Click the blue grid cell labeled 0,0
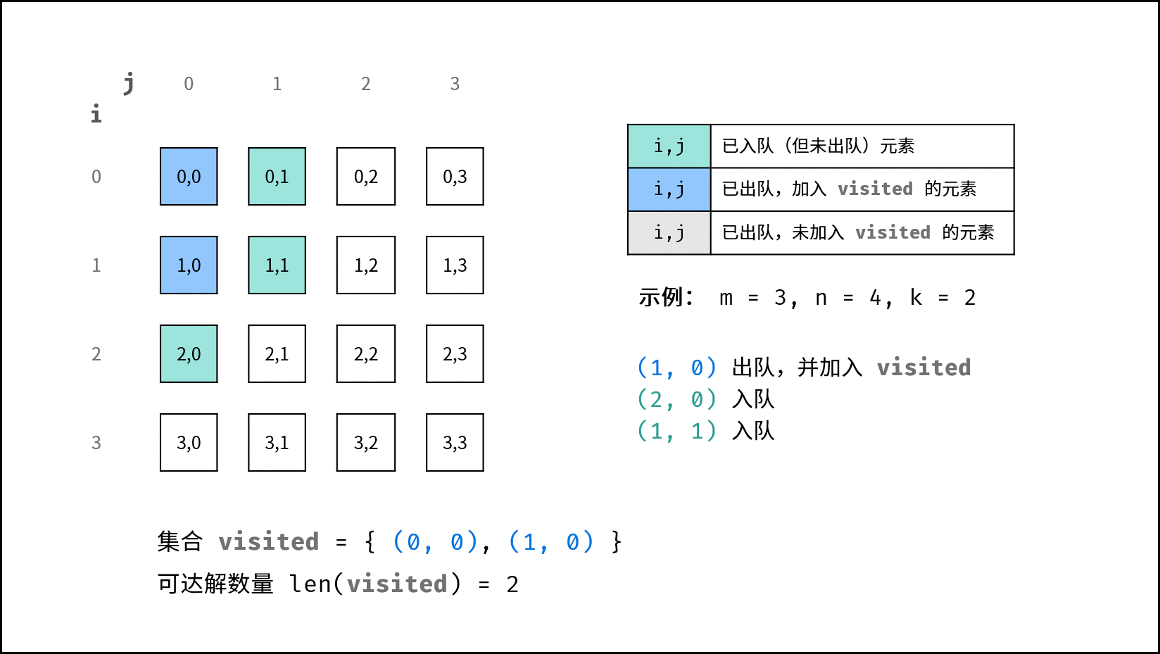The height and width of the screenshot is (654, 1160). tap(189, 177)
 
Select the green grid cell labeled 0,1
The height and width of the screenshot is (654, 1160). tap(277, 177)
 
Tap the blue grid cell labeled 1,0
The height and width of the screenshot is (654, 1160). tap(189, 265)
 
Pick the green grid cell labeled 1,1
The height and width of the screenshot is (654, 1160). tap(277, 265)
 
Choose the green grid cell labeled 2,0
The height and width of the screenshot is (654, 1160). tap(189, 353)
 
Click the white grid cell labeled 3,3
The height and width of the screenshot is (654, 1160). tap(455, 442)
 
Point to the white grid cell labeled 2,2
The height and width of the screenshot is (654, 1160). tap(365, 353)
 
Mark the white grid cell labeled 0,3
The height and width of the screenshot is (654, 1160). tap(455, 177)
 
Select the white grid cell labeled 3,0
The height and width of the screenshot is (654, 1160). tap(189, 442)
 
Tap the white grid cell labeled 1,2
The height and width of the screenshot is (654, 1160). tap(365, 265)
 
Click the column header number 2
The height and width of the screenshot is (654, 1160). tap(365, 83)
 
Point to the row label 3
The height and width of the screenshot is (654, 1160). tap(96, 443)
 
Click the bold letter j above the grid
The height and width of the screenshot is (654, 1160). tap(129, 83)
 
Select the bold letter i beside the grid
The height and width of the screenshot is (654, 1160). tap(96, 113)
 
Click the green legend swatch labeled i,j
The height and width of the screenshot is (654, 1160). tap(669, 146)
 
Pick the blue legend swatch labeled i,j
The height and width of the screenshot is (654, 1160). tap(669, 189)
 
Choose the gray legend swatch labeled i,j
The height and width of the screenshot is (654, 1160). tap(669, 233)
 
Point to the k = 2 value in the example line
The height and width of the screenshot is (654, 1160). tap(942, 298)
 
